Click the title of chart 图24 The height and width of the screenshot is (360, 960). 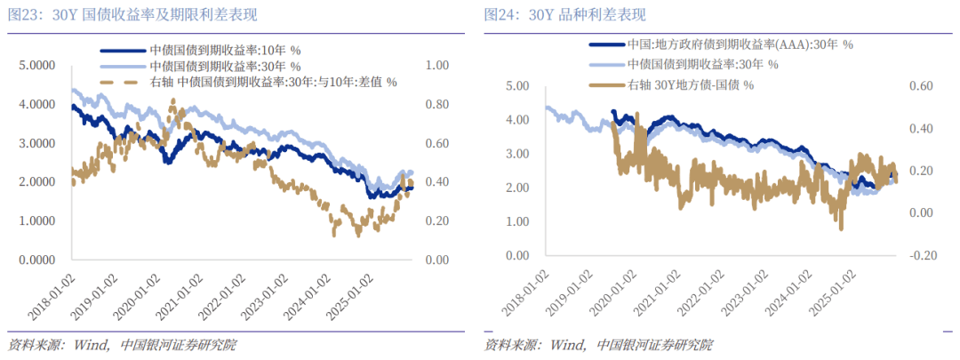[564, 15]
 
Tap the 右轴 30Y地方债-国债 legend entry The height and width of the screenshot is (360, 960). [690, 84]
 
